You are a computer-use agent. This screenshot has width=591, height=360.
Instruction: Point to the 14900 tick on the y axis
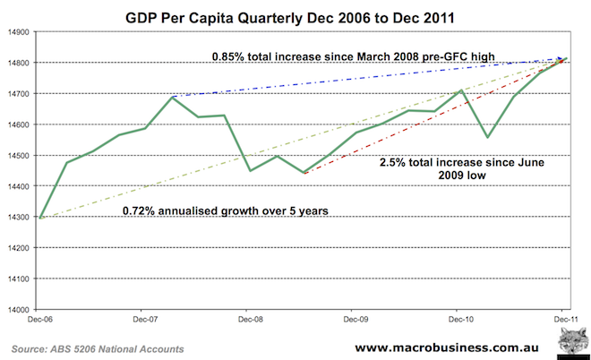17,31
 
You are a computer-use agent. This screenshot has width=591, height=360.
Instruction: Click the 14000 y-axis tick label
17,310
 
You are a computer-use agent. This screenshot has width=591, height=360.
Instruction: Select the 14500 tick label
17,156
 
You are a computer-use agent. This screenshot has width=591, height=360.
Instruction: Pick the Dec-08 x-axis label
248,319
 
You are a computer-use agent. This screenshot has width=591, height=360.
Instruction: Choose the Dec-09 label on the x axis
354,319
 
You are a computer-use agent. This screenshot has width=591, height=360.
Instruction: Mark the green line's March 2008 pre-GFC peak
172,97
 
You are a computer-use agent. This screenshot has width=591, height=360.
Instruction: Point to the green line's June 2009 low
304,173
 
